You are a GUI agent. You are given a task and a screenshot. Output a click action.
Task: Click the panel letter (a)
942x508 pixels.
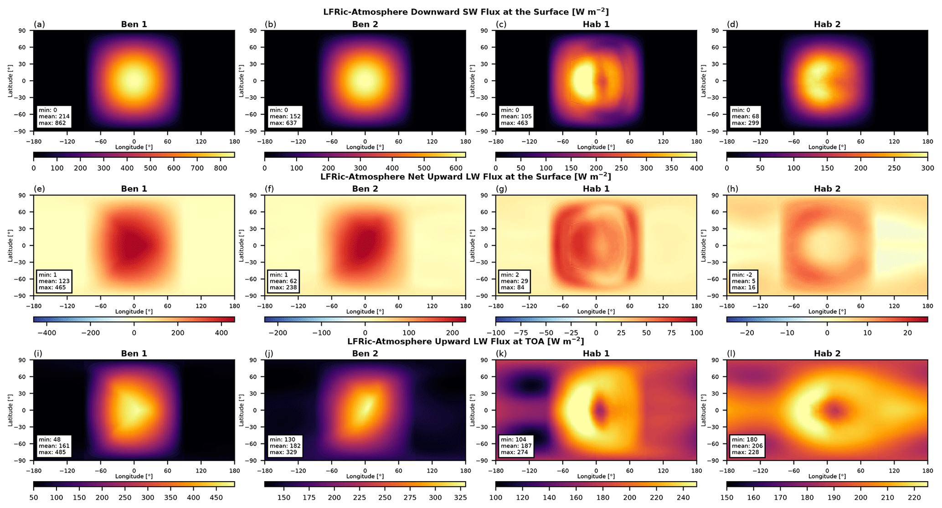(x=39, y=24)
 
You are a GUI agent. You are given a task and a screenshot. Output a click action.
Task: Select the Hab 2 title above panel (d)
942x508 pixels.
(x=827, y=24)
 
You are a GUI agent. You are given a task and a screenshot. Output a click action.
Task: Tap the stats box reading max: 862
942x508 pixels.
(x=52, y=117)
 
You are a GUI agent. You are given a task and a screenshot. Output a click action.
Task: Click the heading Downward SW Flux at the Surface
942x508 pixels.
(x=466, y=11)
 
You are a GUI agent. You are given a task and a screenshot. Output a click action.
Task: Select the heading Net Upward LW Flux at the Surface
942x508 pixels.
(x=466, y=176)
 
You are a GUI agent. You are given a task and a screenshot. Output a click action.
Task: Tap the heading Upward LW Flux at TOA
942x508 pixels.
(x=466, y=341)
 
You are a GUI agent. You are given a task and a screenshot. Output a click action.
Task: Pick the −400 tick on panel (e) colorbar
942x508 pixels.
(x=46, y=333)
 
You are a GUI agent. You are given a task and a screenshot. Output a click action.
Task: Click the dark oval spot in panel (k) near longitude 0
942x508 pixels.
(x=600, y=410)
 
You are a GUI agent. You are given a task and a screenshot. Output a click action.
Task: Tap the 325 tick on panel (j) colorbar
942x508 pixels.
(x=459, y=497)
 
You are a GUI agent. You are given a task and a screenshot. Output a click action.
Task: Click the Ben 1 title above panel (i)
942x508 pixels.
(x=134, y=353)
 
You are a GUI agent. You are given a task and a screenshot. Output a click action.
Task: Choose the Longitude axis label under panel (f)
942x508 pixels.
(x=365, y=312)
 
